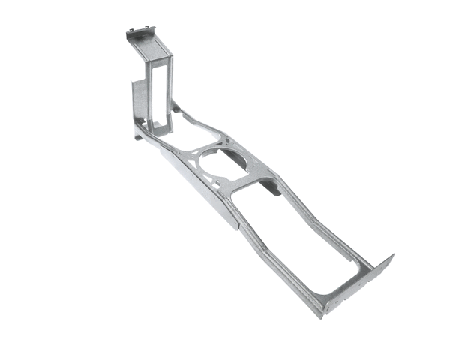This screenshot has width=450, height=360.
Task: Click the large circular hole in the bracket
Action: tap(222, 161)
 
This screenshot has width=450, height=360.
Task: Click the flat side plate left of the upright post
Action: tap(139, 101)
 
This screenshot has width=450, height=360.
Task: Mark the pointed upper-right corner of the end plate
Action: tap(392, 256)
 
